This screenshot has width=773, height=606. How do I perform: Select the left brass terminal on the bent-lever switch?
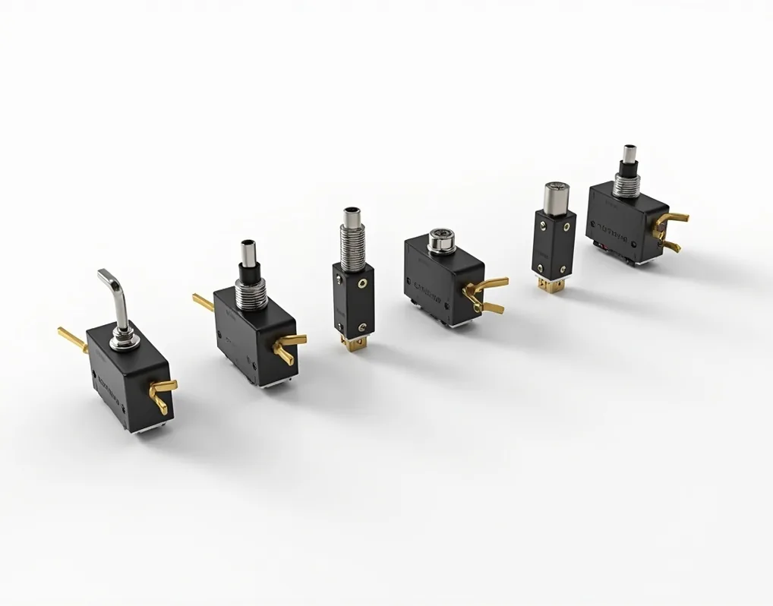[71, 339]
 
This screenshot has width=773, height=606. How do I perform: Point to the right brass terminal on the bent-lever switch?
[162, 392]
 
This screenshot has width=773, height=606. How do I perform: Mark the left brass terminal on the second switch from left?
[203, 303]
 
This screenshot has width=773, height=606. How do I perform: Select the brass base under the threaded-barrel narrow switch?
[353, 344]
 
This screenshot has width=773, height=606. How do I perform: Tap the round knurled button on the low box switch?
[442, 240]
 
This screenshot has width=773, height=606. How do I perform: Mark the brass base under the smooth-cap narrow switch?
[551, 286]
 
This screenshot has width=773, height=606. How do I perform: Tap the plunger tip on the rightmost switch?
[629, 154]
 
